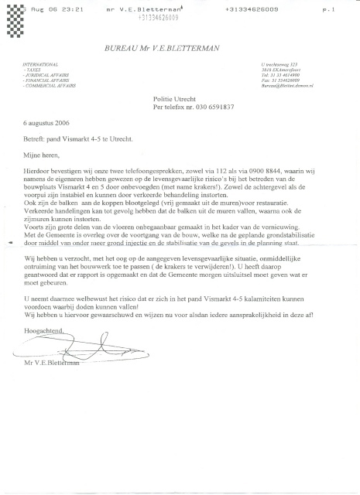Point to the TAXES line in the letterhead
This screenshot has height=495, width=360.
point(35,68)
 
